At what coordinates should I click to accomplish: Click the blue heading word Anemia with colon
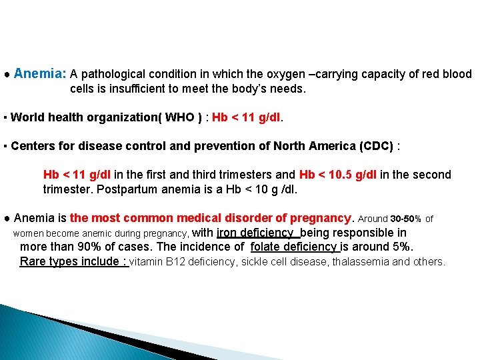pos(39,73)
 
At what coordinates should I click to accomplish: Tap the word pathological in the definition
pos(113,74)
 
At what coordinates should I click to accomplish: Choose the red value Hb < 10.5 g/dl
pos(338,175)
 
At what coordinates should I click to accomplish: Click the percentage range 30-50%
pos(405,219)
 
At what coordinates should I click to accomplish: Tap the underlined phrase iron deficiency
pos(256,233)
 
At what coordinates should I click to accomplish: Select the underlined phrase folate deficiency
pos(294,247)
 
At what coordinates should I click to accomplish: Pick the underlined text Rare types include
pos(73,261)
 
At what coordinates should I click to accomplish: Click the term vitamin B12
pos(157,262)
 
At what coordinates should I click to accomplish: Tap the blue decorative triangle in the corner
pos(40,333)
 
